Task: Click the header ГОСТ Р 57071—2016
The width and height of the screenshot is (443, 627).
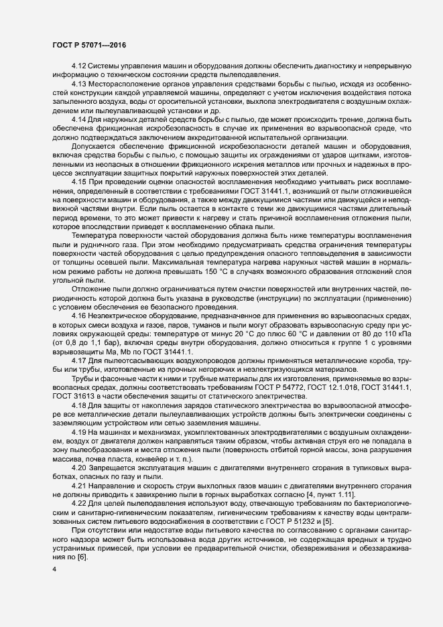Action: click(x=88, y=44)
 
